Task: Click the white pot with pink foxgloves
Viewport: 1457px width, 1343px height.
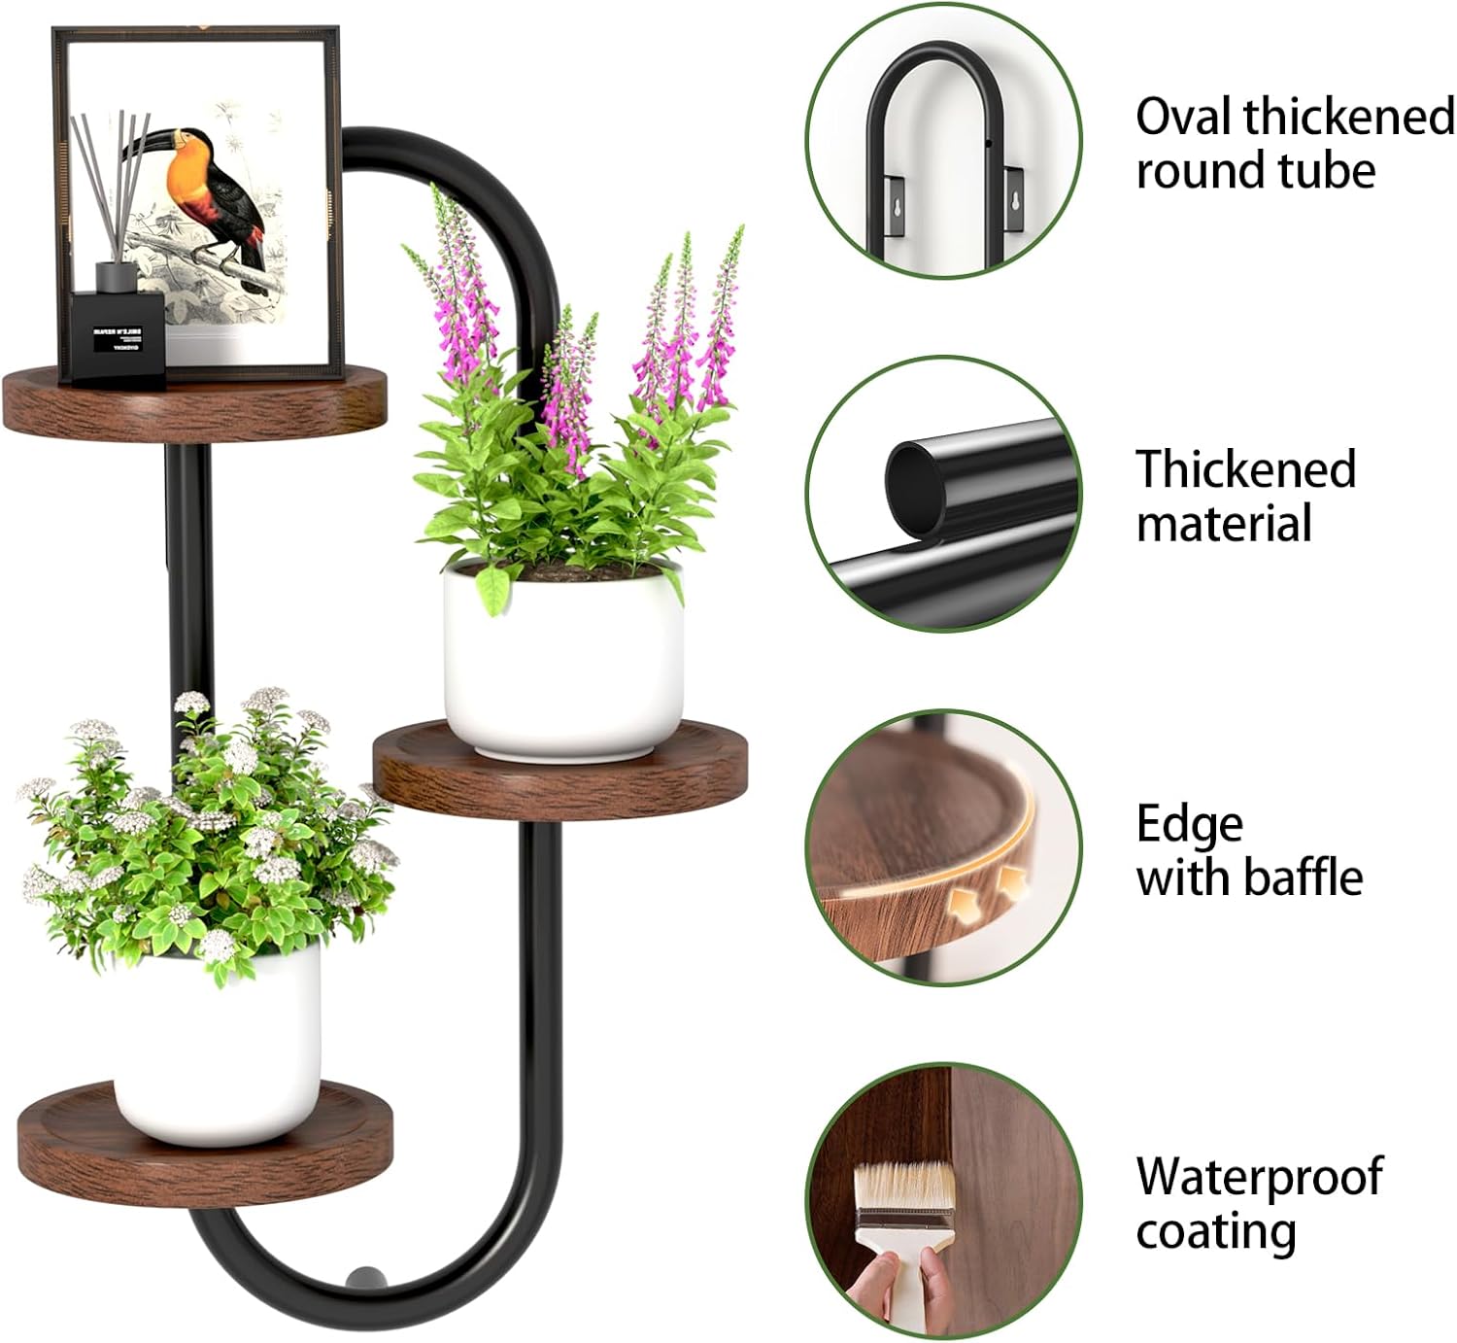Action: (x=563, y=671)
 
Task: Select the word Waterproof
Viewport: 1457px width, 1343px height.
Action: (x=1259, y=1177)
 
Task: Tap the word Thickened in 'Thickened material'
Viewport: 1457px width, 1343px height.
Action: (x=1246, y=469)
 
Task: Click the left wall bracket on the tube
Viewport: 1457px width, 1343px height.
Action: (x=894, y=205)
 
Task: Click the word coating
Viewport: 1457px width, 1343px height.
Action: (x=1216, y=1231)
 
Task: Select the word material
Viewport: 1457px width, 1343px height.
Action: (x=1224, y=524)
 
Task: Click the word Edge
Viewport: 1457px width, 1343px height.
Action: (x=1190, y=824)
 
